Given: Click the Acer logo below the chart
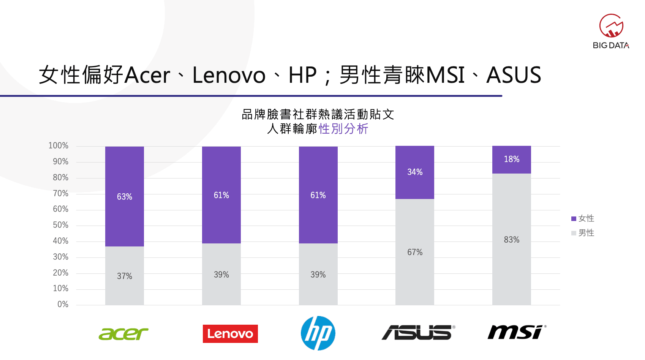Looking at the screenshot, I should coord(123,334).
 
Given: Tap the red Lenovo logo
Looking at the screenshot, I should coord(230,334).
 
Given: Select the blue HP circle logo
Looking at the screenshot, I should coord(318,333).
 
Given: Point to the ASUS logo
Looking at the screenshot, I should coord(418,332).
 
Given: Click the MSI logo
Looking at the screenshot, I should coord(517,332).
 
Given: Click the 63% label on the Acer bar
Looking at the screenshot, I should coord(125,197).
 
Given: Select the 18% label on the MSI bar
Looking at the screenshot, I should coord(511,159).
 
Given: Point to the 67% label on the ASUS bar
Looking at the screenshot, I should coord(415,252).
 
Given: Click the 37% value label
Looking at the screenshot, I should coord(125,276).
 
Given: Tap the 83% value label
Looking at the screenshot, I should coord(511,240).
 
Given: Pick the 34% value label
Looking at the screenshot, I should coord(415,172).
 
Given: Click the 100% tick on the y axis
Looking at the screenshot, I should coord(58,145).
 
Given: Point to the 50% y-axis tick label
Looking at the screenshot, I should coord(60,225).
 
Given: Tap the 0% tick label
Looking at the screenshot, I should coord(63,304).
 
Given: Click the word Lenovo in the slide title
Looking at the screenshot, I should coord(229,75).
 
